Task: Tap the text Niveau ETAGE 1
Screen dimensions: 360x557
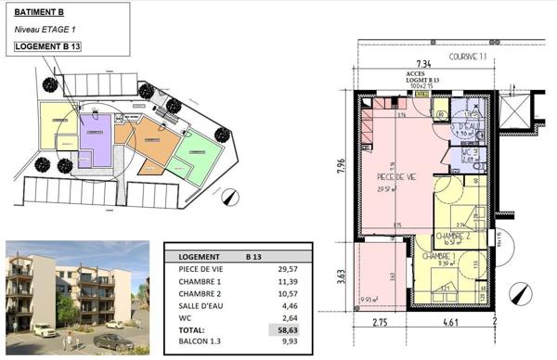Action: (44, 30)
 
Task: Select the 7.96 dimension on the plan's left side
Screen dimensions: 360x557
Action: (341, 167)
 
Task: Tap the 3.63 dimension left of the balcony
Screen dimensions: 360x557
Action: (341, 276)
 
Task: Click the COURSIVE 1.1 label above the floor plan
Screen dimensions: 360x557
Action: (468, 57)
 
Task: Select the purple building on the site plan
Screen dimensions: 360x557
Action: (95, 136)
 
